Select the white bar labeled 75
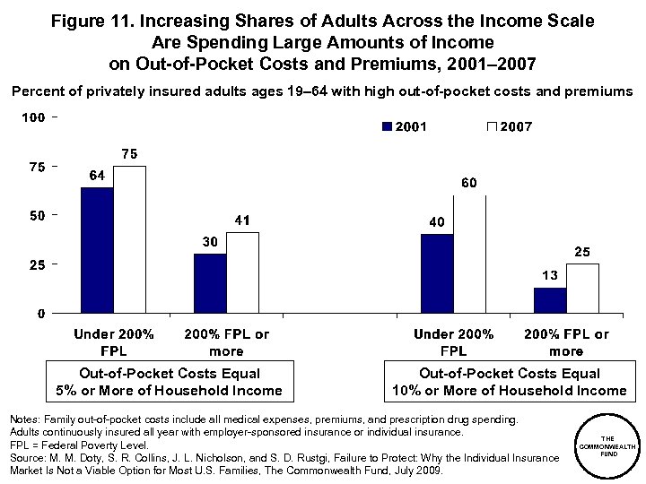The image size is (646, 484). coord(129,239)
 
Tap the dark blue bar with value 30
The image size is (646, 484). coord(210,283)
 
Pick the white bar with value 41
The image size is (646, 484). coord(242,272)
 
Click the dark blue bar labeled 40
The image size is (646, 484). coord(436,273)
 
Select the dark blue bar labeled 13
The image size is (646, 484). coord(549,300)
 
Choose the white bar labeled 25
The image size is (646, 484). coord(581,289)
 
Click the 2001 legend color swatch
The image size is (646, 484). coord(387,127)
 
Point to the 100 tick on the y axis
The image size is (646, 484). coord(35,117)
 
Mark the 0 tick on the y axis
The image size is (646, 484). coord(42,314)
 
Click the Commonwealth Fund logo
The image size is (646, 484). coord(608,445)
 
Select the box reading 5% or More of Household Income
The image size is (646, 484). coord(170,382)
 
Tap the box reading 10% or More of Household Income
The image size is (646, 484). coord(509,382)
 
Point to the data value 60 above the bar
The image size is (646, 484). coord(468,184)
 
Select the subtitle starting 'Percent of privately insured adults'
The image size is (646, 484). coord(322,91)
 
